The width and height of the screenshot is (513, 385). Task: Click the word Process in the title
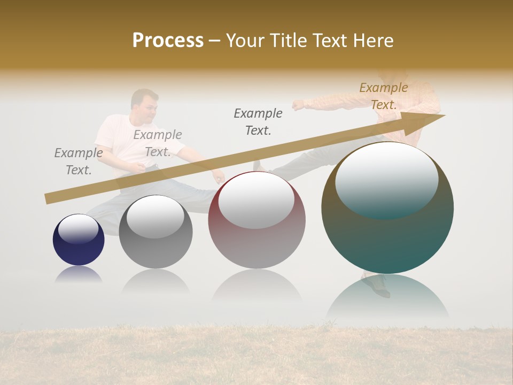(x=168, y=41)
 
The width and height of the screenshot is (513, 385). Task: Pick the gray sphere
(x=156, y=251)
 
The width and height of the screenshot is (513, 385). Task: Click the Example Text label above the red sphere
(x=258, y=121)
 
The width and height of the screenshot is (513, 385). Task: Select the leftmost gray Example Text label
(x=79, y=161)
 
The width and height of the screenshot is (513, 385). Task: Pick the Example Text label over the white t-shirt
(x=158, y=143)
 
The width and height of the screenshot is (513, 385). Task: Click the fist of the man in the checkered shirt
(x=297, y=105)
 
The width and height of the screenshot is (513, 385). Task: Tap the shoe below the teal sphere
(x=378, y=285)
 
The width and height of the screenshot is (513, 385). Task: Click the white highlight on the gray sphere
(x=155, y=215)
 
